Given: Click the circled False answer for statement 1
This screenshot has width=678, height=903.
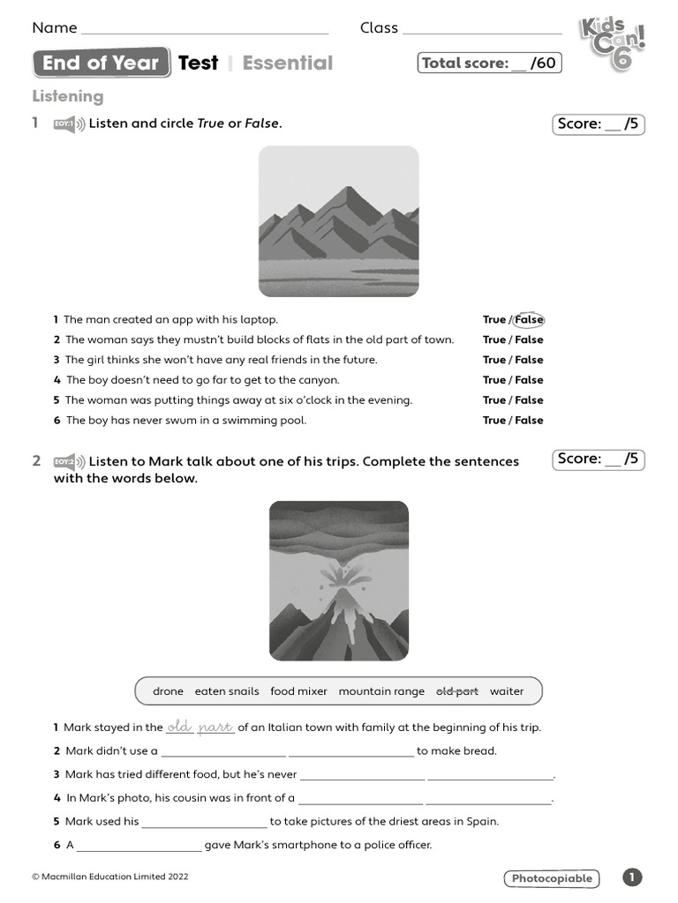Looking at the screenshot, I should (529, 319).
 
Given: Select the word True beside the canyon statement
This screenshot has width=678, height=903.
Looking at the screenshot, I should (493, 380).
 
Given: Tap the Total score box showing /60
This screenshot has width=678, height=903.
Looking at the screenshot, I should (489, 63).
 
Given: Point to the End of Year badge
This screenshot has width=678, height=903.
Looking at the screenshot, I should (101, 63).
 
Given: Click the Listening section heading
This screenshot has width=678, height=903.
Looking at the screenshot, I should (68, 96).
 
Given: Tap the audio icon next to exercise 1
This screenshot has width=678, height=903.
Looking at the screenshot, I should (69, 124).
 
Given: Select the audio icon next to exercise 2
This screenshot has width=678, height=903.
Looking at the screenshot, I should (69, 461).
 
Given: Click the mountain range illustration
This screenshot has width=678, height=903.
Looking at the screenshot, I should (338, 221).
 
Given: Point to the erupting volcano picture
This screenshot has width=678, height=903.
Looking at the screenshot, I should (338, 580).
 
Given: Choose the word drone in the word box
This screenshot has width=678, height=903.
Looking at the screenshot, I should (168, 691).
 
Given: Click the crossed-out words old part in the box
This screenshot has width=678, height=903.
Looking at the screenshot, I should (457, 691).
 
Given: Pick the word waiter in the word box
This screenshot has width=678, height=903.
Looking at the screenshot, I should (507, 691).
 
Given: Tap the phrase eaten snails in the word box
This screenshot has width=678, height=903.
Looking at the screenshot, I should (227, 691).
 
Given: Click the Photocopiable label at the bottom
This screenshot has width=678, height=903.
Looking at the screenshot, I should (552, 878).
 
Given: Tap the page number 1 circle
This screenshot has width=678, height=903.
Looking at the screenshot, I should (632, 877).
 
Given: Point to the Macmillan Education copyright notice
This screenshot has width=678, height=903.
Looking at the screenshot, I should (110, 877).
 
